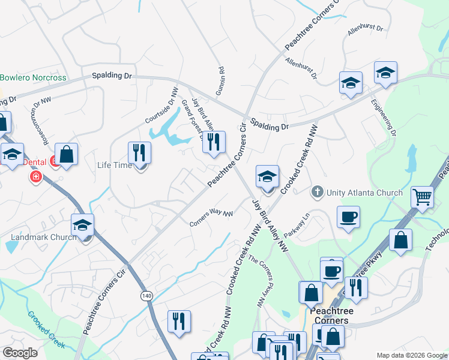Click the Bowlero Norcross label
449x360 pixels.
pyautogui.click(x=33, y=78)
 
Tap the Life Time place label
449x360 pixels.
pyautogui.click(x=114, y=165)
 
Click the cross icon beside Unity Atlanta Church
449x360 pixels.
pyautogui.click(x=318, y=193)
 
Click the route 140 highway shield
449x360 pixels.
pyautogui.click(x=146, y=296)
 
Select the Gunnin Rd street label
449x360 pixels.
pyautogui.click(x=220, y=80)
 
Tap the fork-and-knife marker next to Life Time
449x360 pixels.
pyautogui.click(x=139, y=153)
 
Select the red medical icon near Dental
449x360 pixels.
pyautogui.click(x=35, y=177)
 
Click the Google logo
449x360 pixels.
pyautogui.click(x=20, y=353)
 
